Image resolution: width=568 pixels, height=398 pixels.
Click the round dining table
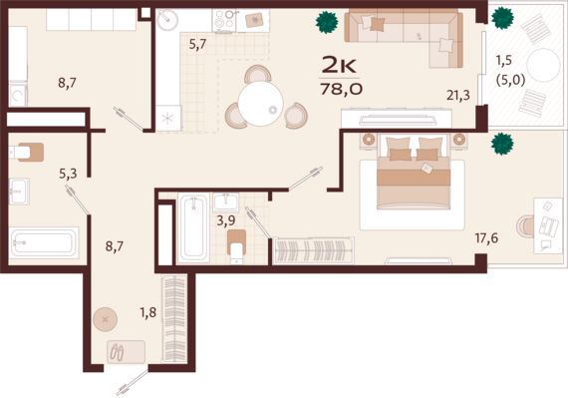click(259, 103)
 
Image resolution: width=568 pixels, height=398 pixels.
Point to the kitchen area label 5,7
click(197, 44)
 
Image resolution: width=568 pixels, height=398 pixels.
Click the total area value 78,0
click(341, 91)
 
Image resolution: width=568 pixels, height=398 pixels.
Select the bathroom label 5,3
click(68, 174)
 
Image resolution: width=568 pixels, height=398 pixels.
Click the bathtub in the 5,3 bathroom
click(43, 242)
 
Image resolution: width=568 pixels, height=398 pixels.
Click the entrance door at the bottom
click(132, 380)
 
